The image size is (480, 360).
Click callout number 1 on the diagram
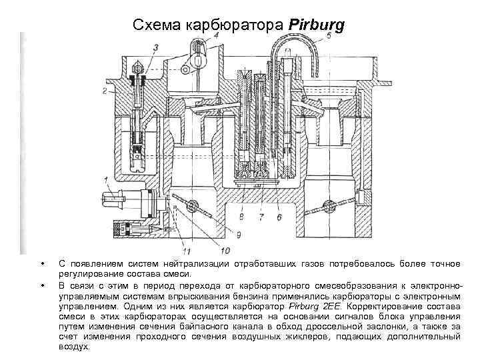pyautogui.click(x=106, y=179)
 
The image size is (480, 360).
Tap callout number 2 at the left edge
pyautogui.click(x=105, y=89)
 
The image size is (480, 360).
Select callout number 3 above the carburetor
pyautogui.click(x=155, y=47)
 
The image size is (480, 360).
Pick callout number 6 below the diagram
pyautogui.click(x=279, y=217)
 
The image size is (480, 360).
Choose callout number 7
pyautogui.click(x=261, y=217)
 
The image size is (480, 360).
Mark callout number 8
pyautogui.click(x=241, y=217)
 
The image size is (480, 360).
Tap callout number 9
pyautogui.click(x=238, y=234)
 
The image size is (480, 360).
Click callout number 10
pyautogui.click(x=225, y=251)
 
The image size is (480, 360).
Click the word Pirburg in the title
pyautogui.click(x=317, y=25)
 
